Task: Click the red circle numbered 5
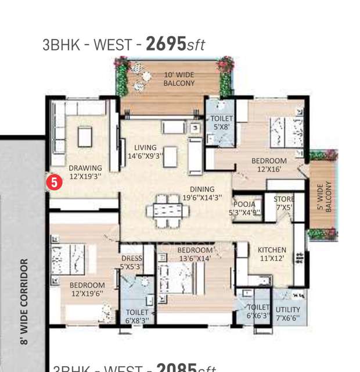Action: pyautogui.click(x=54, y=182)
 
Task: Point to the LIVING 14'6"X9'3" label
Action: pyautogui.click(x=145, y=152)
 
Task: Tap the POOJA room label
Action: pyautogui.click(x=245, y=208)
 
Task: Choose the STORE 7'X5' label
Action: pyautogui.click(x=284, y=203)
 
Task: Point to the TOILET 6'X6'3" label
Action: pyautogui.click(x=258, y=312)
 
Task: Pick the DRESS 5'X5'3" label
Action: pyautogui.click(x=132, y=263)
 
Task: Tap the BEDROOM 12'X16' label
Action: pyautogui.click(x=269, y=165)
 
